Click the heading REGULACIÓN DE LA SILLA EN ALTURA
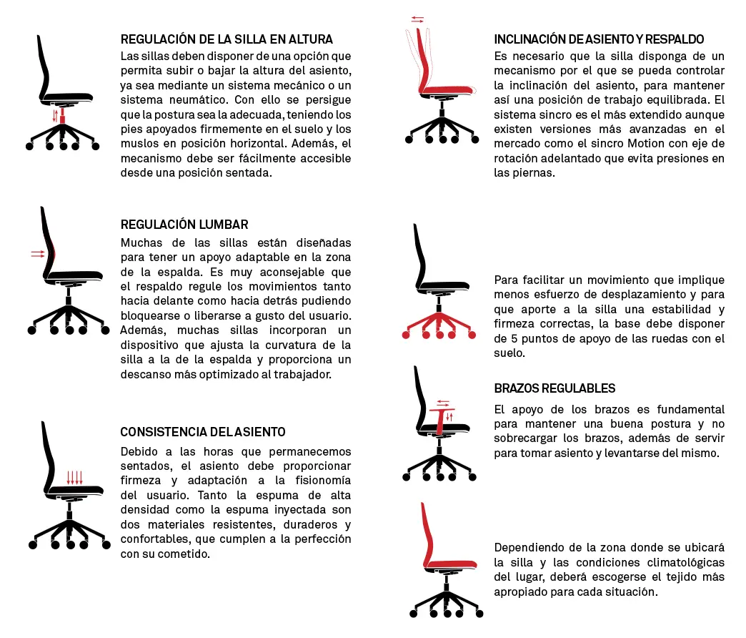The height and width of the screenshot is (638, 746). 227,39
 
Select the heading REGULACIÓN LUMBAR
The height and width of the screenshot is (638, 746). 184,225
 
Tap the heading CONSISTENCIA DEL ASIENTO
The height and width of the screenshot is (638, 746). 203,432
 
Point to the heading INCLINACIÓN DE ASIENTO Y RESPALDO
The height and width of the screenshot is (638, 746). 599,39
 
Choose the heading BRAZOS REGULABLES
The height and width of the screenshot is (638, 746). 554,388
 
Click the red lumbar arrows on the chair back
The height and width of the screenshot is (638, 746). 37,253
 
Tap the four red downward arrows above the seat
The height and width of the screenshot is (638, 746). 74,478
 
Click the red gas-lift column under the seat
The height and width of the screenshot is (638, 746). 63,114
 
